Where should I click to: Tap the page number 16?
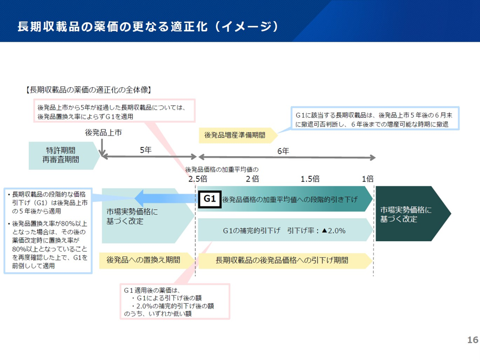tap(472, 340)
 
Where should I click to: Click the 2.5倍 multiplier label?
tap(198, 178)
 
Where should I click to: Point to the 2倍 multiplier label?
tap(252, 178)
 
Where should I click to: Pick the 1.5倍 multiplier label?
tap(310, 178)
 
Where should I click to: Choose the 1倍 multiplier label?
tap(368, 178)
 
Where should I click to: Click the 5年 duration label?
tap(145, 150)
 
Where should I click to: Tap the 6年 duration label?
tap(283, 150)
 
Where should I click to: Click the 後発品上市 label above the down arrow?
tap(103, 132)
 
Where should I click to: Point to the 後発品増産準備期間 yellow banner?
tap(235, 134)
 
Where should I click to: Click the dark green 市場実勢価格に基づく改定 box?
tap(409, 214)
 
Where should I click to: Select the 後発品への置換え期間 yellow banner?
tap(144, 260)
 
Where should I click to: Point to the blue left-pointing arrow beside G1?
tap(163, 198)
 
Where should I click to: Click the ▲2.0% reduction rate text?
tap(333, 230)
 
